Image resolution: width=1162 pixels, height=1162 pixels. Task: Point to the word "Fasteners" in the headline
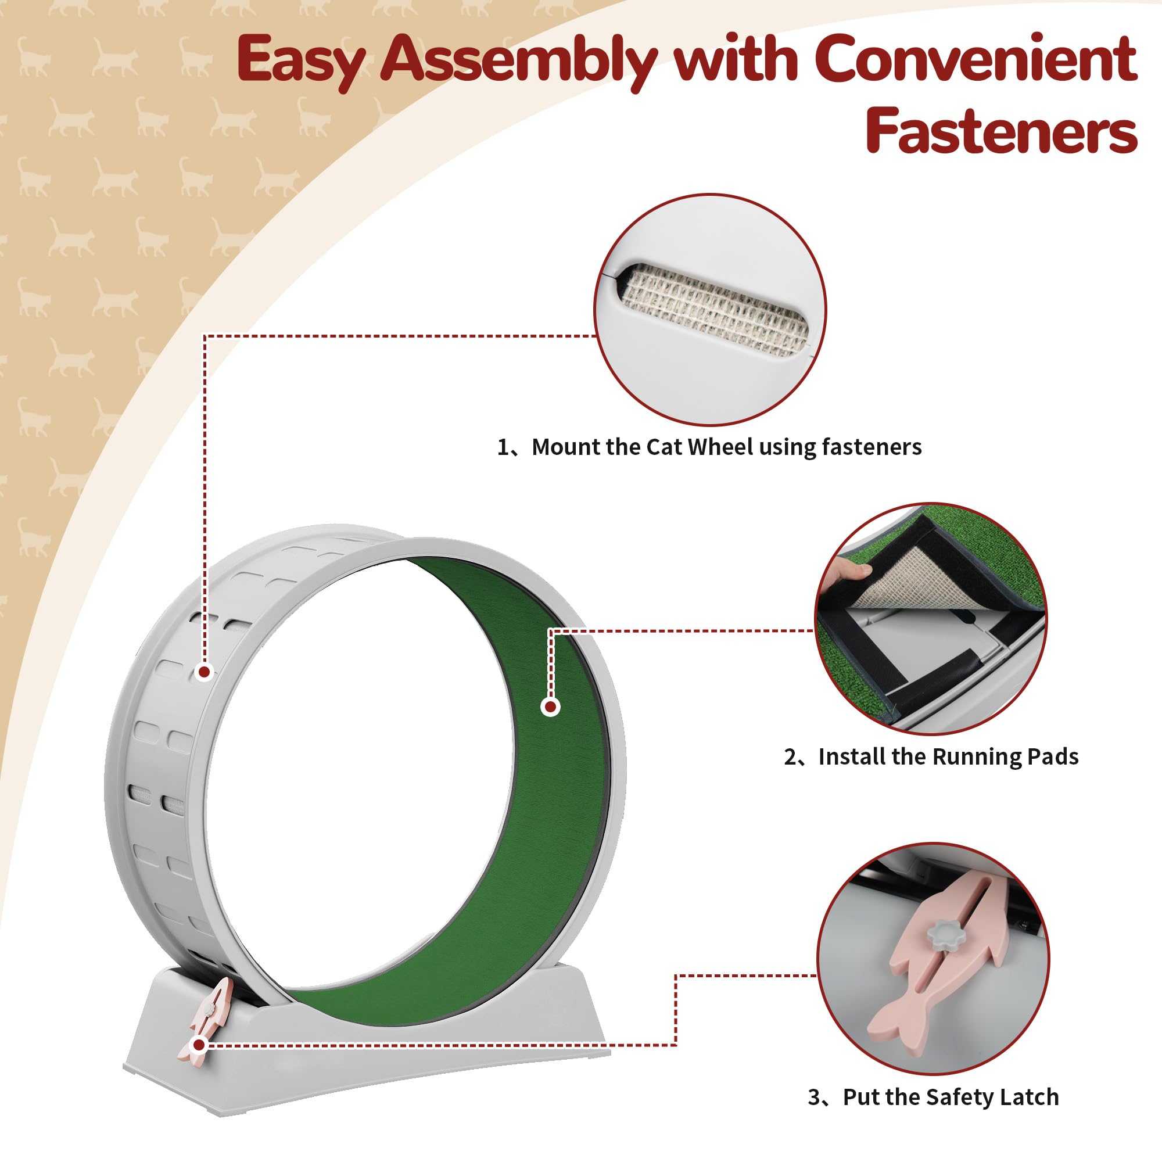(1002, 130)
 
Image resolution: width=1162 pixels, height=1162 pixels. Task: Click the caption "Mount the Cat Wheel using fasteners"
(727, 447)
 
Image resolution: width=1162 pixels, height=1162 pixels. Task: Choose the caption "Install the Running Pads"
(949, 756)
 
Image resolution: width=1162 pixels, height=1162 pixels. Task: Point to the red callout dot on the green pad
(550, 706)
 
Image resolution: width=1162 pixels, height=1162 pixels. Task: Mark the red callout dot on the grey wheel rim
(205, 672)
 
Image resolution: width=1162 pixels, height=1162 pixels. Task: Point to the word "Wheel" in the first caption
(720, 447)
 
